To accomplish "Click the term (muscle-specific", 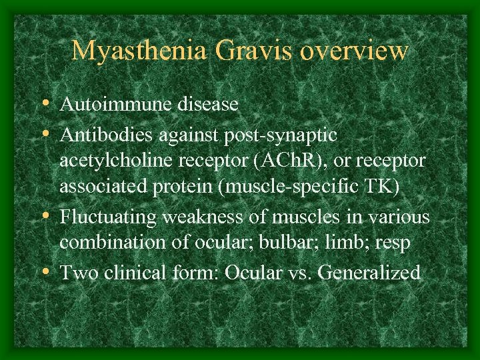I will coord(291,187).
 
